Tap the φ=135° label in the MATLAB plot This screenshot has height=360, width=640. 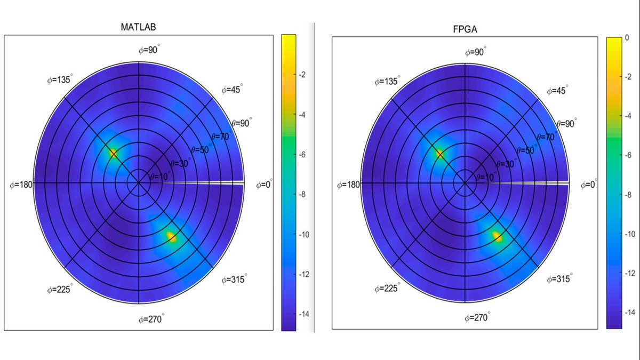click(60, 80)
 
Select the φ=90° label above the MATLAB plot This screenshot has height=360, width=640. click(149, 50)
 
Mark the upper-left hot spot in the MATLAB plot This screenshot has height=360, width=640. click(113, 154)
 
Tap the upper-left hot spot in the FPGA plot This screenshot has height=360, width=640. click(439, 154)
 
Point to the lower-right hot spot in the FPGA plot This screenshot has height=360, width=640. click(497, 236)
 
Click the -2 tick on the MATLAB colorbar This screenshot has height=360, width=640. click(302, 75)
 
